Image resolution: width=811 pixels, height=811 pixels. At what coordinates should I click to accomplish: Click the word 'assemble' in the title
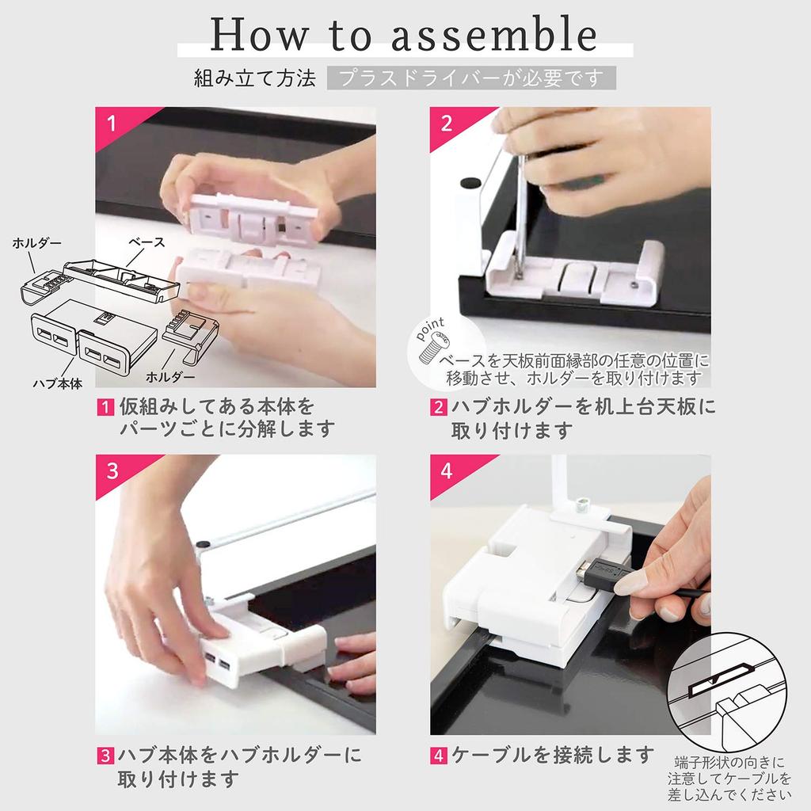(494, 35)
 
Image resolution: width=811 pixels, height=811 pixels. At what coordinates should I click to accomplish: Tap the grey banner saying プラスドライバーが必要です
(471, 78)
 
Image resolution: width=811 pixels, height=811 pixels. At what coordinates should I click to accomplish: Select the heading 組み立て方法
(254, 78)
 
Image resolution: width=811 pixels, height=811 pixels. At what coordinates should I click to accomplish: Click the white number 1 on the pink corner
(111, 124)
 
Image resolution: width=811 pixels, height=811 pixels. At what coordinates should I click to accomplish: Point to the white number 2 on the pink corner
(447, 124)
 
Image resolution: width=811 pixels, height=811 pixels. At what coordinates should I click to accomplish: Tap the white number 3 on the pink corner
(112, 471)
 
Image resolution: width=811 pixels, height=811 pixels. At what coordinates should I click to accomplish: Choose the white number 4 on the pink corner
(447, 471)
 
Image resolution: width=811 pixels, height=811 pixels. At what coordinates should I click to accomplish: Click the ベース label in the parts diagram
(147, 242)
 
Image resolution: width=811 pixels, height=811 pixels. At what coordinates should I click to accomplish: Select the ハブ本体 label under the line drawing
(57, 384)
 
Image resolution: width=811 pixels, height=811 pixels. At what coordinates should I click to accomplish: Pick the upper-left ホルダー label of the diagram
(37, 242)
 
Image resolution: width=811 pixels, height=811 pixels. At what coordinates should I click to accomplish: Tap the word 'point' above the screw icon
(430, 329)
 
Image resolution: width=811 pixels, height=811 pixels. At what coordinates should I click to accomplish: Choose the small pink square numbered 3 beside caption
(105, 756)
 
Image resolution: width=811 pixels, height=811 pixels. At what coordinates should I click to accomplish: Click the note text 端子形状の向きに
(729, 763)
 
